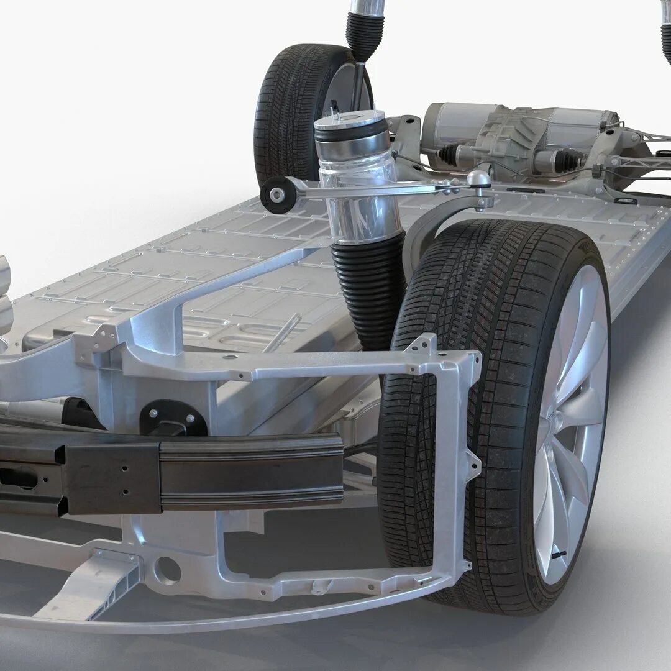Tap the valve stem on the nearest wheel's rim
click(x=559, y=553)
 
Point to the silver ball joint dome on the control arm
click(x=478, y=179)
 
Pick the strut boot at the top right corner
click(x=666, y=37)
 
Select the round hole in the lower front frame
click(x=167, y=570)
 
